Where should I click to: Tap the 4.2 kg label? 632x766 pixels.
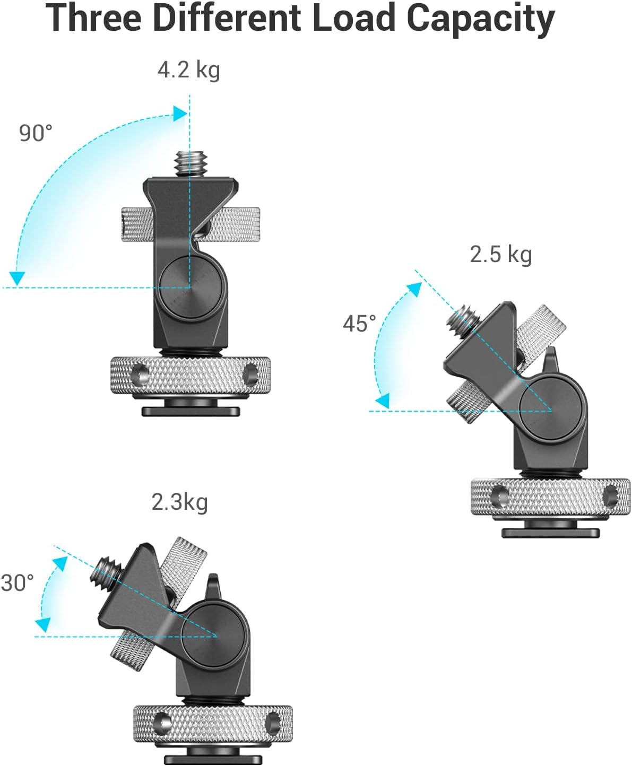point(188,69)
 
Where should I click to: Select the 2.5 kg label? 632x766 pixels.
point(500,254)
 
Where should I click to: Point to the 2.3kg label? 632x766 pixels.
point(179,502)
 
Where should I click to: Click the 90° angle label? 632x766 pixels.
point(36,133)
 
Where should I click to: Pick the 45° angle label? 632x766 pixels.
point(359,324)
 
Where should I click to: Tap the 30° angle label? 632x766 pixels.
point(17,583)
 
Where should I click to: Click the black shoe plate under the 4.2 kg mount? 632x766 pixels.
point(191,411)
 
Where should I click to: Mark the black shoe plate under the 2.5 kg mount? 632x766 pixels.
point(551,533)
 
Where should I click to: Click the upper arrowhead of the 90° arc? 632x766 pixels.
point(179,114)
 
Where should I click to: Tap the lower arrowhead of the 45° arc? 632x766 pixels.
point(382,401)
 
